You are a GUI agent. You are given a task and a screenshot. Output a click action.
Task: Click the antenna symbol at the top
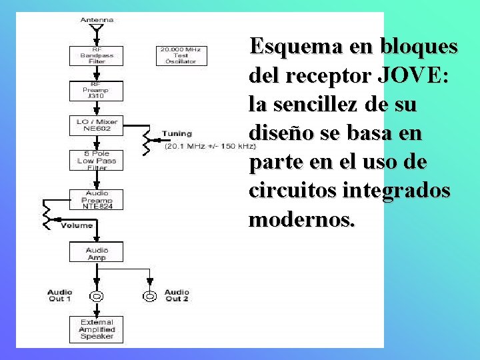point(97,29)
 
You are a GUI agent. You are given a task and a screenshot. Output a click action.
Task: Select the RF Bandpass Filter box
point(97,55)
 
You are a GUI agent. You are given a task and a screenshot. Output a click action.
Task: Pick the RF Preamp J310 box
point(97,91)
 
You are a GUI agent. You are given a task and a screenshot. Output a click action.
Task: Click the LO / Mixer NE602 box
point(97,125)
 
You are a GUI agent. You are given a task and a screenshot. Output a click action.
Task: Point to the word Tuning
point(177,134)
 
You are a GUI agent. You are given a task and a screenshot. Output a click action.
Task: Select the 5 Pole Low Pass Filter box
point(97,160)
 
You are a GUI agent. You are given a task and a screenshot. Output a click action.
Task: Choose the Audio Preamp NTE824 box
point(97,199)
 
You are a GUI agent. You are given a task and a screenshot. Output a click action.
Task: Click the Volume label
point(76,226)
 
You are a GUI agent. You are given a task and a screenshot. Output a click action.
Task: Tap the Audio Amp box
point(97,253)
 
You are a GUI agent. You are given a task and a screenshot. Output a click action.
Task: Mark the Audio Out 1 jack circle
point(97,296)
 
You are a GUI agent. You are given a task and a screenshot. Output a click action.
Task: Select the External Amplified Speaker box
point(97,329)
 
